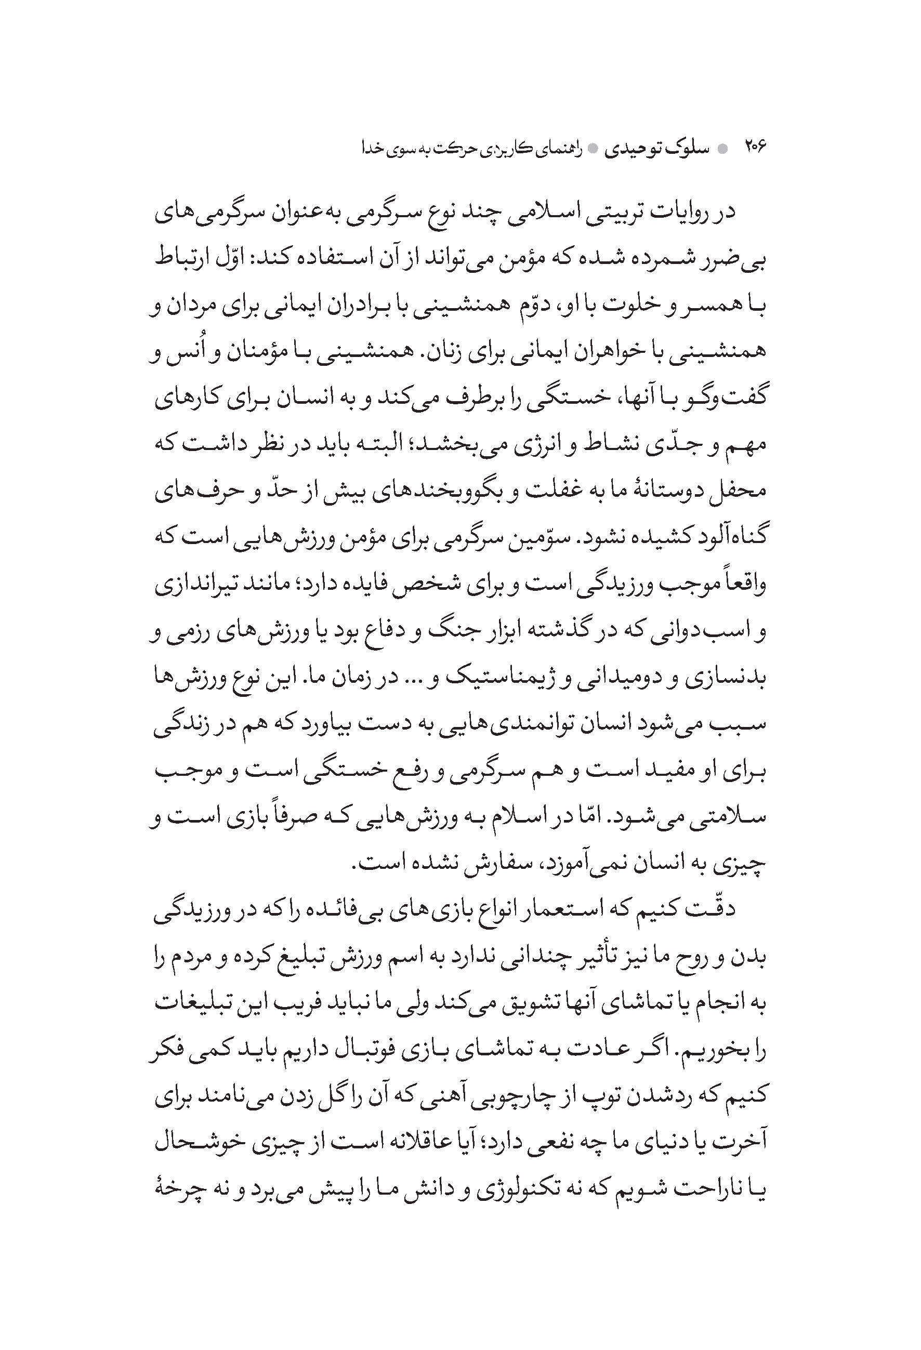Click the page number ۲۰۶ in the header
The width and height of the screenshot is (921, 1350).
pyautogui.click(x=755, y=149)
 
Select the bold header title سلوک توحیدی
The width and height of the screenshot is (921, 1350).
pyautogui.click(x=658, y=149)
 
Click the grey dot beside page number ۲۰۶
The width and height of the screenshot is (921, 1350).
pyautogui.click(x=723, y=150)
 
